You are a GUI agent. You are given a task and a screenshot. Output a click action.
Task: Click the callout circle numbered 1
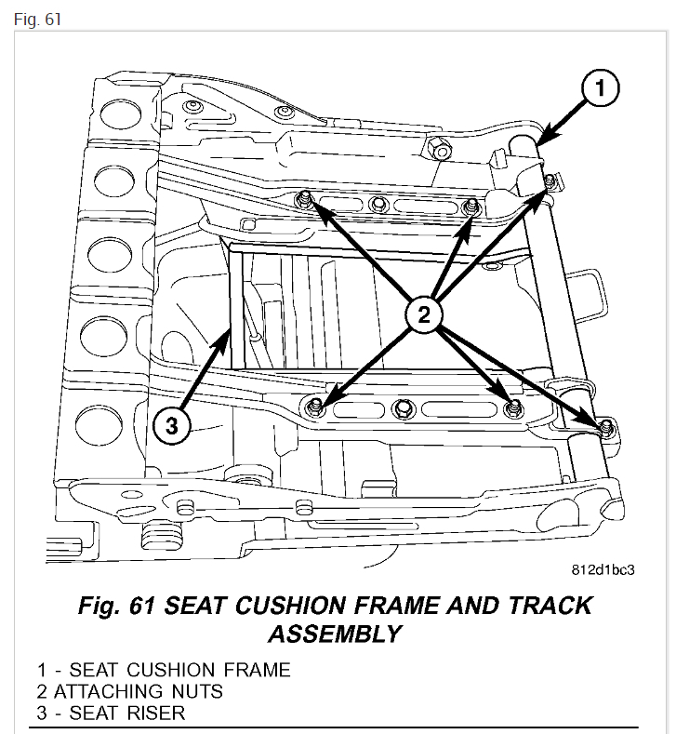tap(600, 88)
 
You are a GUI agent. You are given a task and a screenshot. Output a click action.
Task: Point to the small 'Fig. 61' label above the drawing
tap(33, 19)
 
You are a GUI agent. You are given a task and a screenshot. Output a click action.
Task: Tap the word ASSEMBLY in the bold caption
tap(335, 634)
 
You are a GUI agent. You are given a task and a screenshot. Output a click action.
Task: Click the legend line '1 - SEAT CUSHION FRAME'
tap(164, 670)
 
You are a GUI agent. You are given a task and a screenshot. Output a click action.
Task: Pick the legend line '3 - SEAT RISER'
tap(112, 714)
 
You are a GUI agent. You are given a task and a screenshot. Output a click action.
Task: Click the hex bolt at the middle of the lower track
tap(402, 407)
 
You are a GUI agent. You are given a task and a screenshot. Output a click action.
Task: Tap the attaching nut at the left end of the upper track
tap(303, 197)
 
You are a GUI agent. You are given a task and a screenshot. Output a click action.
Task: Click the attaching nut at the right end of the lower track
tap(511, 407)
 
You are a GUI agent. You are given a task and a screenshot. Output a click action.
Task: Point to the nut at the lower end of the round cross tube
tap(606, 427)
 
